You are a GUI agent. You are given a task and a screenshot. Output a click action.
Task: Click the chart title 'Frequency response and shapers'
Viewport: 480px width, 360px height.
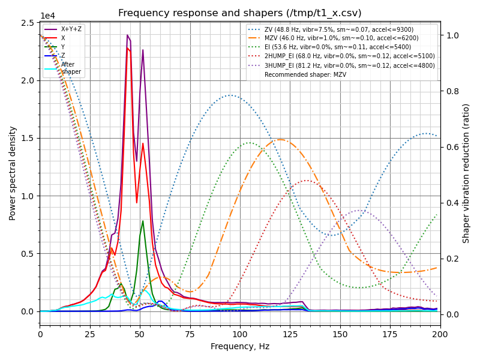click(240, 13)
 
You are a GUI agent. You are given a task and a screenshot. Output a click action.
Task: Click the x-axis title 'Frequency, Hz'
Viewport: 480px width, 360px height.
click(240, 346)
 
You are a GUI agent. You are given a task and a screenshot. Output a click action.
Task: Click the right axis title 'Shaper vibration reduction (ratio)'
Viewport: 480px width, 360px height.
click(466, 173)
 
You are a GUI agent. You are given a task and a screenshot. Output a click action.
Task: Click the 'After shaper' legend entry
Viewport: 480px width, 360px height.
click(71, 68)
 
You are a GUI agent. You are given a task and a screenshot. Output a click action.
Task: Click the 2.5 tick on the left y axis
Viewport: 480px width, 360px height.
click(28, 23)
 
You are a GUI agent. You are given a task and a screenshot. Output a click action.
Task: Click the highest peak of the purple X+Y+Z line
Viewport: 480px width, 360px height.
click(127, 35)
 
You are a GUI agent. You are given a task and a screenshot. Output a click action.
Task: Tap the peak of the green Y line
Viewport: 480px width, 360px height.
click(143, 221)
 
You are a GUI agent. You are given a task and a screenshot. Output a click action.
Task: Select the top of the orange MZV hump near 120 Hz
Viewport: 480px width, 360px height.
click(280, 139)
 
